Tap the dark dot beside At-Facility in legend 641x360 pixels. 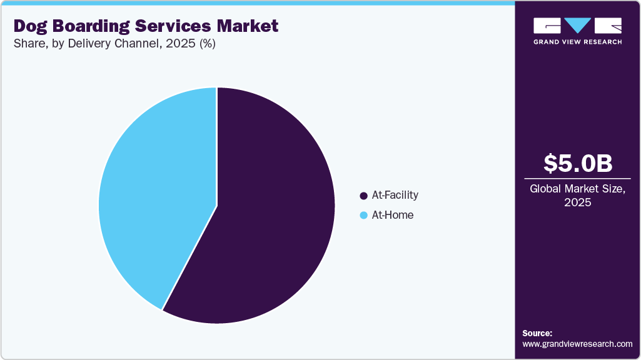pos(363,196)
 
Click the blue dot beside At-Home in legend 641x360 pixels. pos(363,216)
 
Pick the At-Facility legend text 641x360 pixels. pos(395,195)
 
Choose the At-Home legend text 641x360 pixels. pos(392,215)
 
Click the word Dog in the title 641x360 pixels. pos(31,26)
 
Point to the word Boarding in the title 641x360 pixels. pos(93,26)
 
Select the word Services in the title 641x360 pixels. pos(176,26)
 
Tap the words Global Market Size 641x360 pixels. pos(577,189)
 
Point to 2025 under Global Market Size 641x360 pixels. pos(577,203)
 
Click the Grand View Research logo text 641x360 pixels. pos(577,42)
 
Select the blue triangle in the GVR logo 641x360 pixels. pos(577,26)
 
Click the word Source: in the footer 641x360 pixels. pos(537,333)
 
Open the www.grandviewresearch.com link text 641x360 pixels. pos(577,344)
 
